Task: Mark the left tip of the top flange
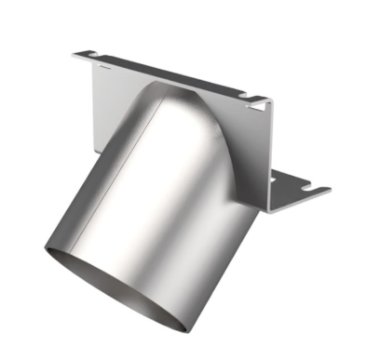pos(74,55)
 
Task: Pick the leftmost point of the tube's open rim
pos(44,249)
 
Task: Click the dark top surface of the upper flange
pos(168,74)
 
